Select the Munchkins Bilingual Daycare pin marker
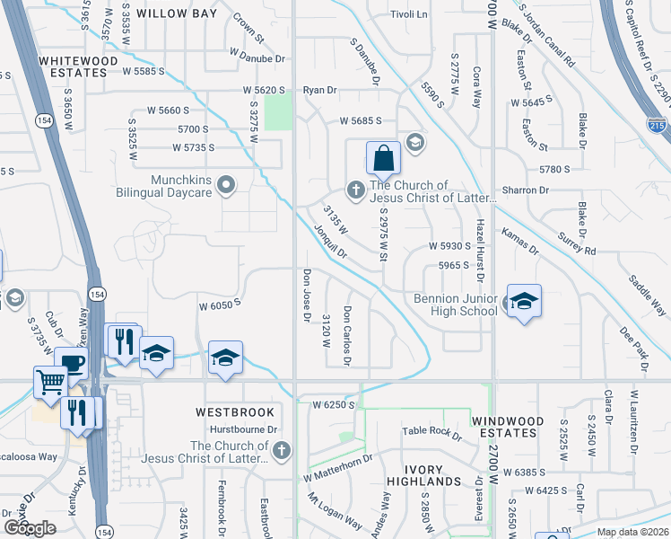[x=226, y=187]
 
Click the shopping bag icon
[x=383, y=158]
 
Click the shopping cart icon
[x=51, y=382]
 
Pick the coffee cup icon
[x=72, y=362]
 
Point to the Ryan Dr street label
[x=319, y=90]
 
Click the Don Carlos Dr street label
[x=346, y=335]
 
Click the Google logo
[x=30, y=528]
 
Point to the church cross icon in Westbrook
[x=281, y=450]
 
